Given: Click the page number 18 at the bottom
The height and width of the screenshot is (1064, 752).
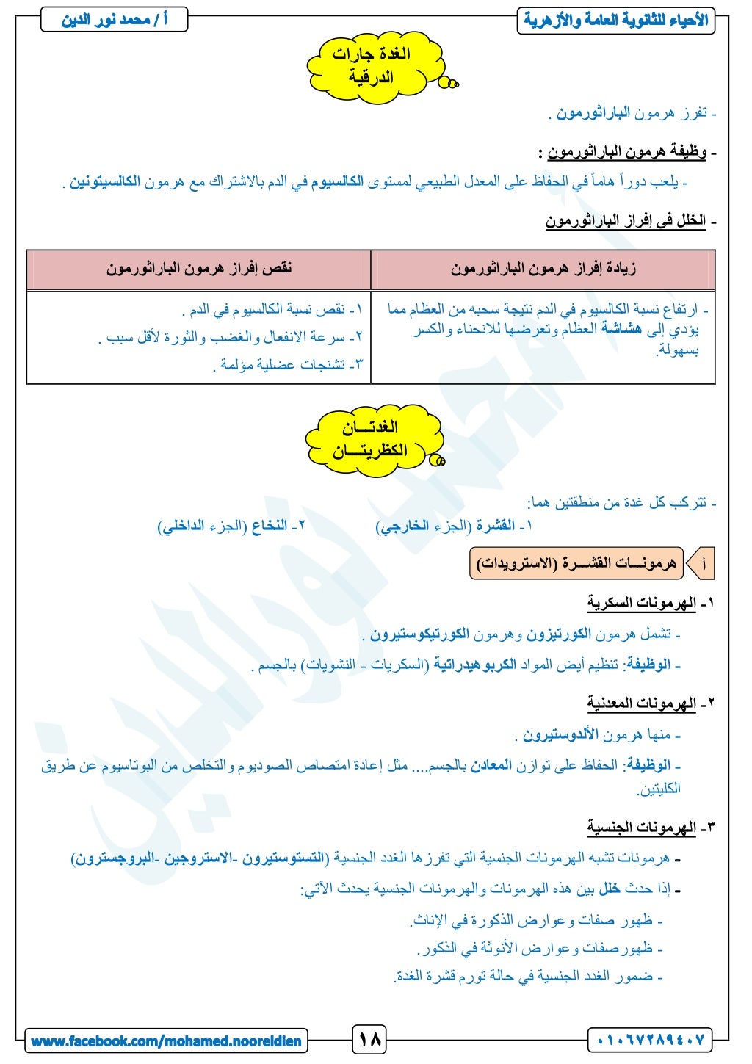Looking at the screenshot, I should coord(370,1040).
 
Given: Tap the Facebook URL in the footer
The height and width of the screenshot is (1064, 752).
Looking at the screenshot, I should coord(166,1041).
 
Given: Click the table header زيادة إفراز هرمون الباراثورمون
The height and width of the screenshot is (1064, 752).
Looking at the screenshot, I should coord(543,269).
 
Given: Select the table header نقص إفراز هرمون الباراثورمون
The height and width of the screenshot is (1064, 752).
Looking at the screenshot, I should coord(199,269).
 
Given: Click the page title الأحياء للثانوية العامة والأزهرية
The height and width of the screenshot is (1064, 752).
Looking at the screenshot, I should coord(616,20).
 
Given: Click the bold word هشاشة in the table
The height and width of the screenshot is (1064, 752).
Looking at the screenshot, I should coord(621,329).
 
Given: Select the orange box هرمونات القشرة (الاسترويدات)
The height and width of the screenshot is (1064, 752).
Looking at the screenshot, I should coord(576,564).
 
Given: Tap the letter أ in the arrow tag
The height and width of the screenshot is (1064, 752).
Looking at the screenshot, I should coord(704,564).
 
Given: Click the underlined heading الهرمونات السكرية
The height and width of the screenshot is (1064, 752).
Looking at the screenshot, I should coord(641,604).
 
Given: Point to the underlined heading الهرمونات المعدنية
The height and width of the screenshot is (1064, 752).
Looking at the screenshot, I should coord(641,703).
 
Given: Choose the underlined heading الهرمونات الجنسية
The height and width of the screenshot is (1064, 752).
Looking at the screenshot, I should coord(641,828).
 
